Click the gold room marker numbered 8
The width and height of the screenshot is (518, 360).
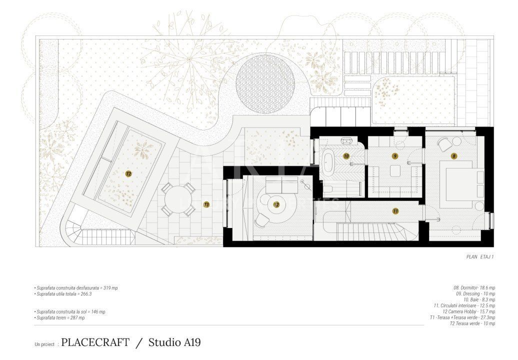coord(453,156)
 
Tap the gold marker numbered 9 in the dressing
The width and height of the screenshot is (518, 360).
coord(395,156)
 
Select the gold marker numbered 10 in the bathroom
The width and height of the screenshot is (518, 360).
coord(346,156)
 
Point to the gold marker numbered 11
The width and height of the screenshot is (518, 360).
coord(395,211)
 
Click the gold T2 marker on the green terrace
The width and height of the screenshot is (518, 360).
coord(128,174)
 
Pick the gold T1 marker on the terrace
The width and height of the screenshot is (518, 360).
coord(206,204)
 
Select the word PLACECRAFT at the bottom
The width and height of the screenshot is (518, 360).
coord(95,342)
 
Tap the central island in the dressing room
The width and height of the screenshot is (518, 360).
coord(395,170)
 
